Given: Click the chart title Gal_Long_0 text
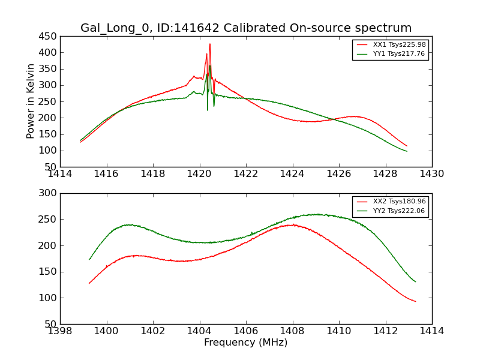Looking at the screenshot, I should point(246,28).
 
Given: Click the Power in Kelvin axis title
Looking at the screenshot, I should point(31,101).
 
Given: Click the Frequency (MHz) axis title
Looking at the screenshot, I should point(246,343).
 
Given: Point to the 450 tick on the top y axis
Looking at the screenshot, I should point(48,36).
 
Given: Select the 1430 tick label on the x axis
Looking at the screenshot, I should point(432,174).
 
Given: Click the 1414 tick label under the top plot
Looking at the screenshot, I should point(60,174).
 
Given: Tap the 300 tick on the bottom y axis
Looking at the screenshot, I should point(48,193).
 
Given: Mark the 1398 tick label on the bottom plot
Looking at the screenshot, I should point(60,331).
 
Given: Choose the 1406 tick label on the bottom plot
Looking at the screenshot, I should point(246,331).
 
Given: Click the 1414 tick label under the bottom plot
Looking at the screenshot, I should point(432,331).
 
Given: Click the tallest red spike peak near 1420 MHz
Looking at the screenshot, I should point(209,44).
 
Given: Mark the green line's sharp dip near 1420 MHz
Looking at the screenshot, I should point(208,110).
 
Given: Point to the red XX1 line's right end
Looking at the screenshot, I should point(407,146).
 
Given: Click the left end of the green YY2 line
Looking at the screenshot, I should point(89,259).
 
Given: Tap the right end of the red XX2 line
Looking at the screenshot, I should point(416,301).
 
